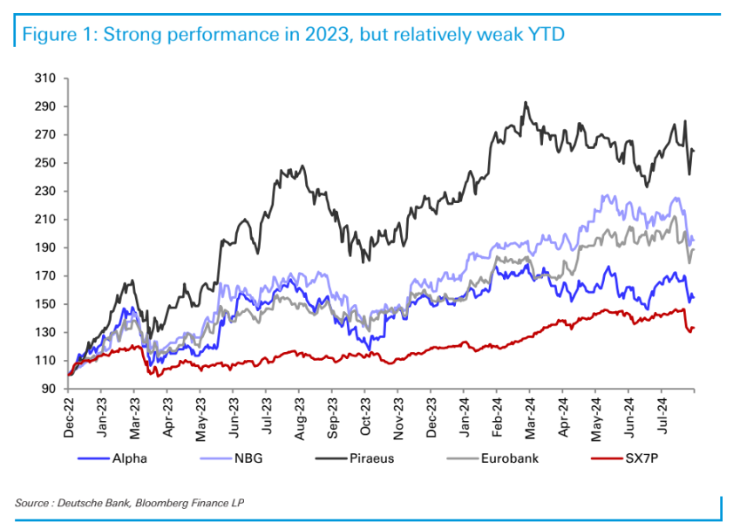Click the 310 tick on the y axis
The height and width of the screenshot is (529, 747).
[45, 78]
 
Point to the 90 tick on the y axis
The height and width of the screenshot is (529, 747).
[49, 389]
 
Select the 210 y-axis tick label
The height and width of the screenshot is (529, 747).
[45, 220]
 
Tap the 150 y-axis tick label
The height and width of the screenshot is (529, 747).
[45, 304]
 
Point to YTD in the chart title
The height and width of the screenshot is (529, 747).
[547, 36]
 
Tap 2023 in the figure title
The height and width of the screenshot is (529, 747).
[319, 36]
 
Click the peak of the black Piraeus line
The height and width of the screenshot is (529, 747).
[525, 102]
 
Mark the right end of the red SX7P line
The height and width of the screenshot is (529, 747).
[694, 328]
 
